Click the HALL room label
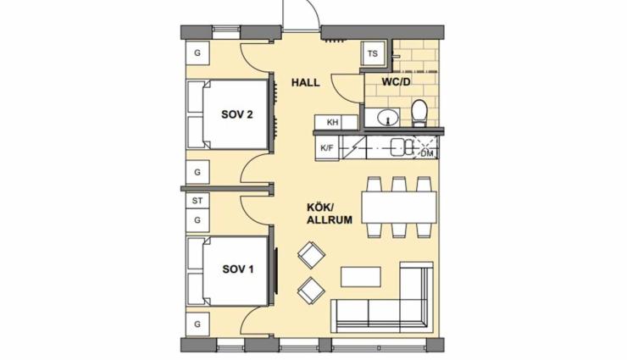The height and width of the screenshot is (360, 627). pos(306,83)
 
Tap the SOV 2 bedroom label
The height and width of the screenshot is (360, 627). pos(237,114)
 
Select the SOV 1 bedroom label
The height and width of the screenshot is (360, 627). pos(238,269)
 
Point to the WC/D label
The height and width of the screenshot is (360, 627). pos(396,82)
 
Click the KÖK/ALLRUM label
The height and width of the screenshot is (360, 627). pos(330,213)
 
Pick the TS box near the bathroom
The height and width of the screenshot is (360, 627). pos(373,53)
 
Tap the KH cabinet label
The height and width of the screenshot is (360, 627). pos(333,122)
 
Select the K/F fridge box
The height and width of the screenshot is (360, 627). pos(327,148)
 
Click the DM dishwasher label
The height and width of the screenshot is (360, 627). pos(427,153)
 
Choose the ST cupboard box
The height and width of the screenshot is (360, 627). pos(197,201)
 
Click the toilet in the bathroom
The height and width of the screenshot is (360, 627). pos(419,113)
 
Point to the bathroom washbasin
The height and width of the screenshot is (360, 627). pos(387,118)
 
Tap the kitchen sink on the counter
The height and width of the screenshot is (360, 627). pos(402,147)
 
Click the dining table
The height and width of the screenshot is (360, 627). pos(399,208)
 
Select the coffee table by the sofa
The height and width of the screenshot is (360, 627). pos(361,276)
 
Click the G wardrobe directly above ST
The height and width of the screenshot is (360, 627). pos(197,172)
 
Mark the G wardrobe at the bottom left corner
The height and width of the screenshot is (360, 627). pos(197,324)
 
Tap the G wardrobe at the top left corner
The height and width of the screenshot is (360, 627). pos(197,53)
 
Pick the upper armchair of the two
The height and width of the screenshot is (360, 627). pos(311,255)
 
